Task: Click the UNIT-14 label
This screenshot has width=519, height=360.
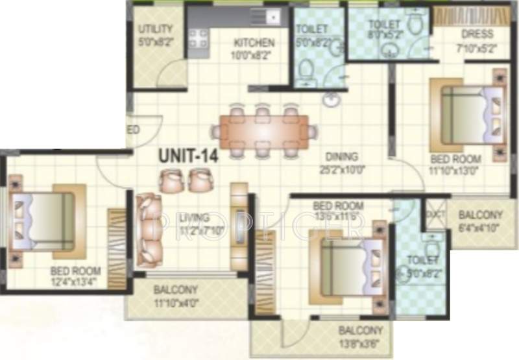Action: (x=189, y=156)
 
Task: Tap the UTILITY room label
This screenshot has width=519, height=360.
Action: (x=156, y=29)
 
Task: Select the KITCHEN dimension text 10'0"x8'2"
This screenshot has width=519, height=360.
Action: (x=254, y=54)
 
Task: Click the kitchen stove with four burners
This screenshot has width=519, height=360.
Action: (x=199, y=40)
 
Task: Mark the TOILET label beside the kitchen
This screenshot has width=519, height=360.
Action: (x=312, y=29)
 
